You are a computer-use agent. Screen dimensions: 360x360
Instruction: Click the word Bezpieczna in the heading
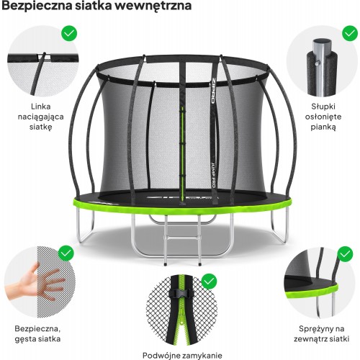37,6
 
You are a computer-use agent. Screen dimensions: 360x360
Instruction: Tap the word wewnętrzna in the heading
152,6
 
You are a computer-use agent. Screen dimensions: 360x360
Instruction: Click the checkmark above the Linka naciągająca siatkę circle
69,33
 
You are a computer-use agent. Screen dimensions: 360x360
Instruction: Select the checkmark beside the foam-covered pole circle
350,33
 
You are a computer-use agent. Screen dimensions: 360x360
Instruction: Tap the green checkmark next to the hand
66,253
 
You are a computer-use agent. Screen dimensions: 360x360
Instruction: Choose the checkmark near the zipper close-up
209,281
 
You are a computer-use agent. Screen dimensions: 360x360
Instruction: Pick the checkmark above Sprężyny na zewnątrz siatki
345,254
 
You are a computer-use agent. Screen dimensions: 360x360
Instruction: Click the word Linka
40,107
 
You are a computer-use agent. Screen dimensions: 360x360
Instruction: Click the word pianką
323,127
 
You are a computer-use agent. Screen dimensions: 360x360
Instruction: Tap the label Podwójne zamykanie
182,355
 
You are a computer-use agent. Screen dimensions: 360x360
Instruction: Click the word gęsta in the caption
26,339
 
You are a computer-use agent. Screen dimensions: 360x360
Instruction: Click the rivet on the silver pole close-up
318,63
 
